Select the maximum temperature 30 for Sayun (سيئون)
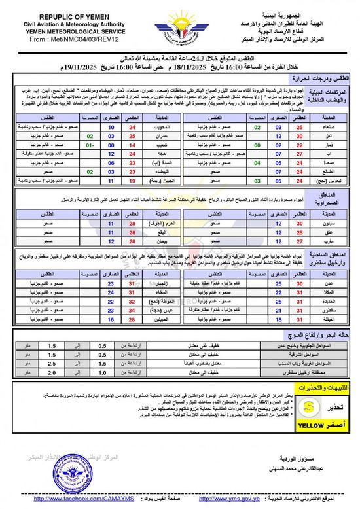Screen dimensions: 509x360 280,223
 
